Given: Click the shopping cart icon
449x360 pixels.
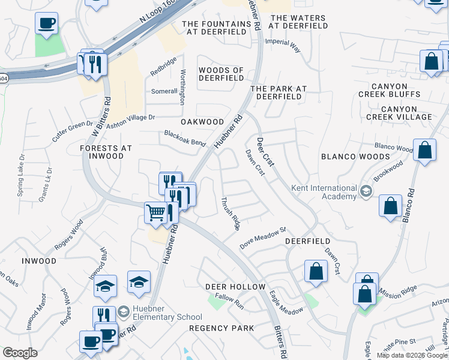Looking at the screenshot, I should pos(156,212).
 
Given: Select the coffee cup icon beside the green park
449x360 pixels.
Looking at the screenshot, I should pos(46,23).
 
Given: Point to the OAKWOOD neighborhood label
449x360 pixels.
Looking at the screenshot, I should pos(202,122).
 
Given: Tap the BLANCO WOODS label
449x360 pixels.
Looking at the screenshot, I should pos(355,157).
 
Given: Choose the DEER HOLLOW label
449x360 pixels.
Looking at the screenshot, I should pos(235,287).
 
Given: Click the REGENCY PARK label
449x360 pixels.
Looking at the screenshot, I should pos(221,328).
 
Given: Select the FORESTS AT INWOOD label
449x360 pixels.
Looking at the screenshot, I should pos(106,152).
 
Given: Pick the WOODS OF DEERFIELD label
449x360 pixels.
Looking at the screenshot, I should pos(221,74).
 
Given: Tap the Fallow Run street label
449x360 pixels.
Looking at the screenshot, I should pos(230,301).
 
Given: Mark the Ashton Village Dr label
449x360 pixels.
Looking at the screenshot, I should pos(131,122).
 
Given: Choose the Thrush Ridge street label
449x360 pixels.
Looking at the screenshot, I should pos(231,214).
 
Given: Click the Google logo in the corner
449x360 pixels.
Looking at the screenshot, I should pos(20,353).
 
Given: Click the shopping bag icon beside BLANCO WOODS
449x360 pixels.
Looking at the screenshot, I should pos(424,152).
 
